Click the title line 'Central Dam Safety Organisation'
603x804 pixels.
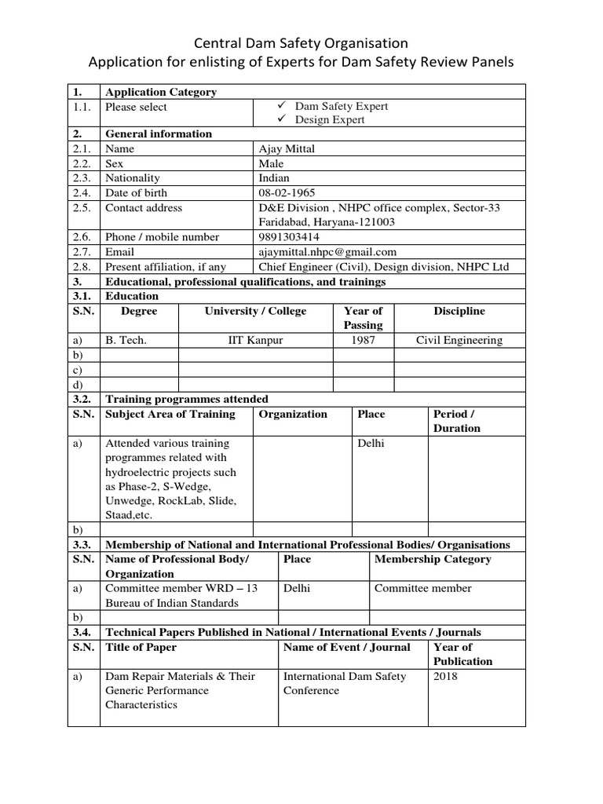(301, 43)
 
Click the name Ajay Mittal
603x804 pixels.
(287, 148)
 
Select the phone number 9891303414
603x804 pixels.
(289, 237)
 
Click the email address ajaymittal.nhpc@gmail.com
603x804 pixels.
(327, 252)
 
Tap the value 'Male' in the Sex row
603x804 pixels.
(271, 163)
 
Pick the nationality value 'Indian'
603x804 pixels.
(274, 178)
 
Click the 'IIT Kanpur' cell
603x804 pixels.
(256, 340)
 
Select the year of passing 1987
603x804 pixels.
(363, 340)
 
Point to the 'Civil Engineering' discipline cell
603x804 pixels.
(459, 340)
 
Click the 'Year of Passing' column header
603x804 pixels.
(363, 318)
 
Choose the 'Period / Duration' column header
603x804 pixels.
(456, 421)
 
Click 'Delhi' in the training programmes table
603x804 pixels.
(371, 444)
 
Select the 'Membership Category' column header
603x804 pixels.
(433, 559)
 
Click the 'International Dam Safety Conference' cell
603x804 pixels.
(345, 683)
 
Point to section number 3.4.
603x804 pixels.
(83, 632)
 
